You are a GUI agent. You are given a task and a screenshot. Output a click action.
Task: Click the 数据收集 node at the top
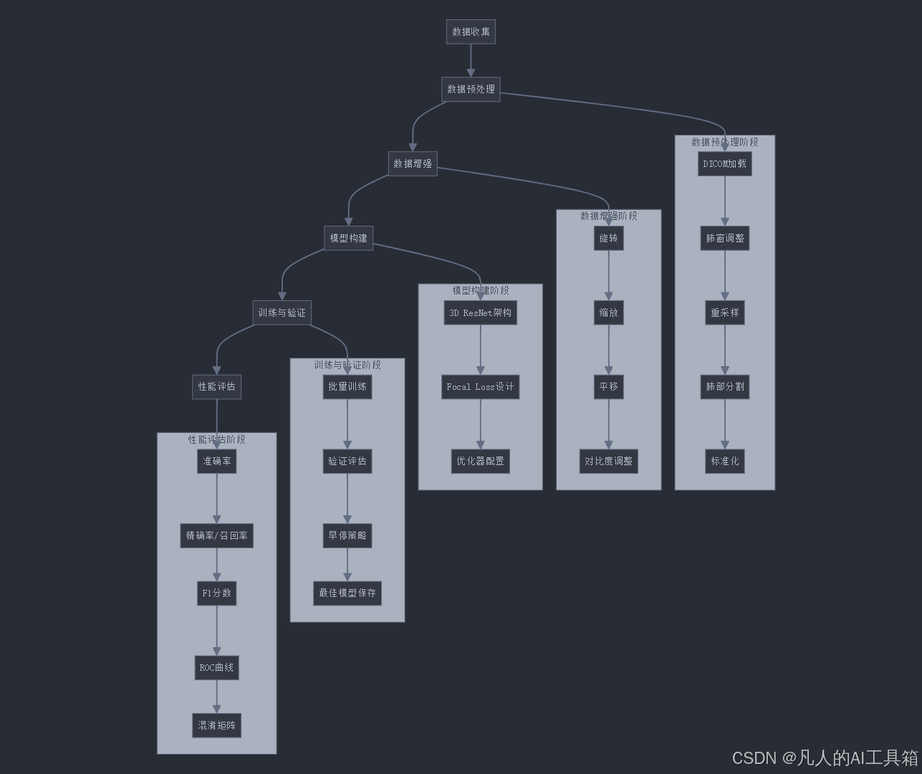tap(471, 32)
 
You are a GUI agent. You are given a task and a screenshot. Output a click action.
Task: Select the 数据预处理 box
tap(471, 90)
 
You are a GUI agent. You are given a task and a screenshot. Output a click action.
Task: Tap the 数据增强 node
tap(413, 163)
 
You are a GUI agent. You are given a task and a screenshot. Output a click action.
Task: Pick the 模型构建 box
tap(348, 238)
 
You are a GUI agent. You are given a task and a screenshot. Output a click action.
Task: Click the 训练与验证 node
tap(282, 312)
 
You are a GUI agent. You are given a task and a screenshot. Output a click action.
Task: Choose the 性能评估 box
tap(216, 387)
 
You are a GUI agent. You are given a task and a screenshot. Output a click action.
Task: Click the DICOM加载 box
tap(724, 163)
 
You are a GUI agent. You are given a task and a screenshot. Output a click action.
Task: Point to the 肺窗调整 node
tap(724, 238)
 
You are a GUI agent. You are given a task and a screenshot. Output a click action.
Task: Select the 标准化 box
tap(724, 462)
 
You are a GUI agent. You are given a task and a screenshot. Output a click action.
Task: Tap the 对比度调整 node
tap(608, 462)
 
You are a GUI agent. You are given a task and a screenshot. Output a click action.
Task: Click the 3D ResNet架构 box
tap(480, 312)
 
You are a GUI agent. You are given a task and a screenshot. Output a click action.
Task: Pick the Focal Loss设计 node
tap(480, 387)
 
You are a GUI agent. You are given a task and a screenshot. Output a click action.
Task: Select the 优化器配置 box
tap(480, 462)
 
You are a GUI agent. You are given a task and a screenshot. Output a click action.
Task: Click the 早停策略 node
tap(347, 536)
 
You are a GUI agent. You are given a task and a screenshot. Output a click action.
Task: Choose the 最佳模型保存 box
tap(347, 593)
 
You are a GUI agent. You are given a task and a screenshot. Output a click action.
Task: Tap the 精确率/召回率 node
tap(216, 536)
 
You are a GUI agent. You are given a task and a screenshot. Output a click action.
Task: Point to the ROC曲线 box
tap(216, 668)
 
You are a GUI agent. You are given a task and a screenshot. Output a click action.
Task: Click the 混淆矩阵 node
tap(216, 725)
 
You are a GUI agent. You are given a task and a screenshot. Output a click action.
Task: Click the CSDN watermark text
tap(825, 758)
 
